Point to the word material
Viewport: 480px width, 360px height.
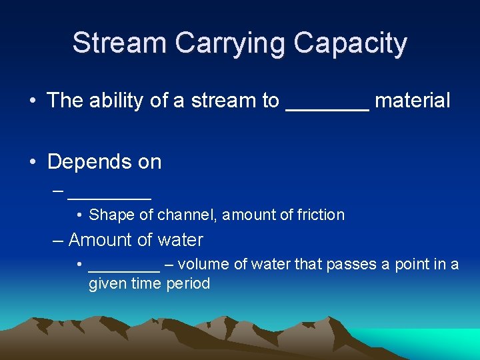(x=413, y=101)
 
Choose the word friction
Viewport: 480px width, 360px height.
(x=321, y=215)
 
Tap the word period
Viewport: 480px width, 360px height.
(x=189, y=284)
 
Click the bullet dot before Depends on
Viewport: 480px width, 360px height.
(x=33, y=163)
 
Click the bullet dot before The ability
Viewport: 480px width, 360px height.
(x=33, y=101)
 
